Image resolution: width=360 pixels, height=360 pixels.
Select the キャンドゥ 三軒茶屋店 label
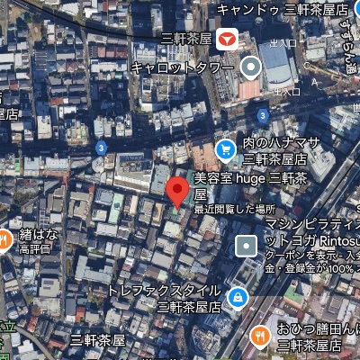pos(282,10)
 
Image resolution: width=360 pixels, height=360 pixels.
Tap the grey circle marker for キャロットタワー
pos(251,67)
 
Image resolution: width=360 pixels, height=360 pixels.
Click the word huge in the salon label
pos(247,179)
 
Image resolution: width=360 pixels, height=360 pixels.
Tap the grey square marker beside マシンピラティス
pos(247,245)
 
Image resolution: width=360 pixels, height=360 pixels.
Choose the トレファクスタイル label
pos(164,290)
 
